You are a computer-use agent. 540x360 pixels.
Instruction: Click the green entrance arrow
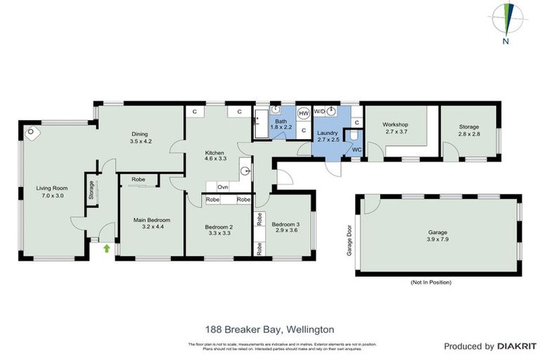point(107,247)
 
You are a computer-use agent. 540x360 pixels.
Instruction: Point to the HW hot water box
point(304,113)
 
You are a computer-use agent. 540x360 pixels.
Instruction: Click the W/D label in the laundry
point(319,112)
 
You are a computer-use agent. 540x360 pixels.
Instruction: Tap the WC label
point(356,150)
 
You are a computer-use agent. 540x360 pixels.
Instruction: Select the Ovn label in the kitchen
point(222,187)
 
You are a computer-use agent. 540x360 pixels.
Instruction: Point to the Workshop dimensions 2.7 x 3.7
point(397,131)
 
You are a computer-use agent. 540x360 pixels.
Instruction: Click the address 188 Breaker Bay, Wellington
point(269,329)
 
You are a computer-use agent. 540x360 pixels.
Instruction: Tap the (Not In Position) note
point(431,282)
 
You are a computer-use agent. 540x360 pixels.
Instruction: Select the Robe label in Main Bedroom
point(138,180)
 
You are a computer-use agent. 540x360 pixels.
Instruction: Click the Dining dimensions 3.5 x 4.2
point(141,141)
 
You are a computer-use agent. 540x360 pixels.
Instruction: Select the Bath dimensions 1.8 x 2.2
point(281,129)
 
